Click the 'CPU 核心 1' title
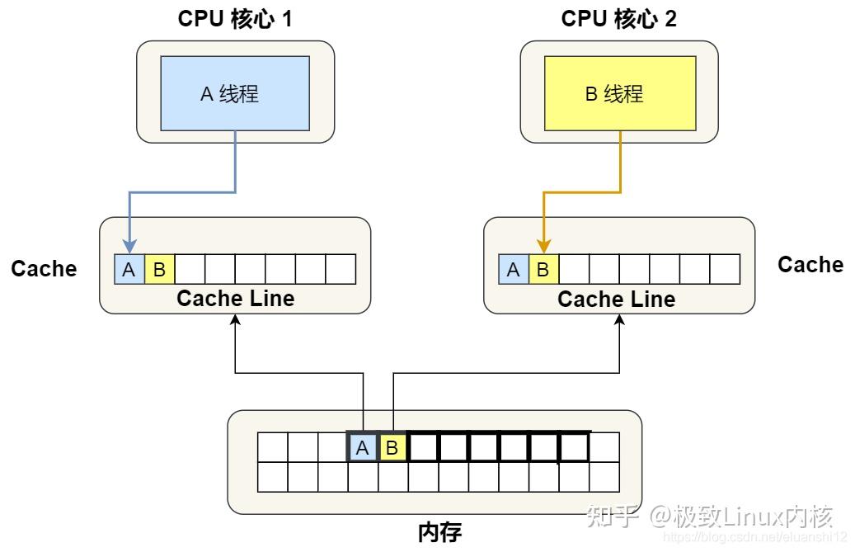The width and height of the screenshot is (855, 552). click(235, 19)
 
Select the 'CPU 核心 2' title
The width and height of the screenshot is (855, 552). click(618, 19)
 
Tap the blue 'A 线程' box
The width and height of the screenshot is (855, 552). click(235, 93)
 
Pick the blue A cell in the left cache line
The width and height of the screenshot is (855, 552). click(129, 269)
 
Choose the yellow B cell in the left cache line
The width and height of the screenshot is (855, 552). click(159, 269)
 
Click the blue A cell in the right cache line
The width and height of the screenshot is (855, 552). click(514, 269)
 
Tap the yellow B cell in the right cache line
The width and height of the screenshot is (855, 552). click(543, 269)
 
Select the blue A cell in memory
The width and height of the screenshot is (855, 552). click(362, 448)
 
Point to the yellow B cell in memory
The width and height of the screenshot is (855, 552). click(392, 448)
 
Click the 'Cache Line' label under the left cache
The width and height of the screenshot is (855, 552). click(235, 298)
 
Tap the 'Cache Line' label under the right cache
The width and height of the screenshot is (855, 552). click(616, 298)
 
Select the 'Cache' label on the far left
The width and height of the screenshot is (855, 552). click(44, 269)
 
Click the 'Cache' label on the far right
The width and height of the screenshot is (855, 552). click(810, 264)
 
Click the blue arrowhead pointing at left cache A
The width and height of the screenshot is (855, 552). click(129, 247)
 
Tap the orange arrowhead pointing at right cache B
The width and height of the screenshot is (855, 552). click(543, 247)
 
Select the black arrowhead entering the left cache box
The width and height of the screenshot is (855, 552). click(236, 320)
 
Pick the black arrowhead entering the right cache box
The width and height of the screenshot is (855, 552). click(620, 320)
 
